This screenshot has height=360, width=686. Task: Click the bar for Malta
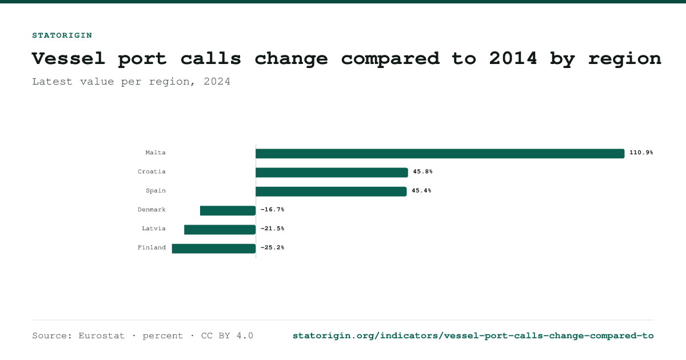tap(440, 154)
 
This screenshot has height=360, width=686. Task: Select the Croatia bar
tap(332, 173)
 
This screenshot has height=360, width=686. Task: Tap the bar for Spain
tap(331, 191)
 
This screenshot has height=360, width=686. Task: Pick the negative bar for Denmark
tap(228, 211)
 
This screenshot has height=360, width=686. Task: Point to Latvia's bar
tap(220, 230)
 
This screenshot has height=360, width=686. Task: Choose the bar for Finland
tap(214, 249)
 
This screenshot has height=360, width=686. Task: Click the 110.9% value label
tap(641, 153)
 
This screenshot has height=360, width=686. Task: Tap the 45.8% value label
tap(422, 171)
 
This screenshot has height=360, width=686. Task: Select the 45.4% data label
tap(421, 190)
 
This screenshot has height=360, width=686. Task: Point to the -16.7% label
tap(272, 209)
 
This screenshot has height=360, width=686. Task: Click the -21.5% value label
tap(272, 229)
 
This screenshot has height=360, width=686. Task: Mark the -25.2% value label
tap(272, 247)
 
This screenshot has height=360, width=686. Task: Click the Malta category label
tap(155, 153)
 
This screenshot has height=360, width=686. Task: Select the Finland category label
tap(151, 247)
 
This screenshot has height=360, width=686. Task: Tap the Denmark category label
tap(151, 209)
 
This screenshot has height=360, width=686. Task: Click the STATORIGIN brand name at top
tap(62, 35)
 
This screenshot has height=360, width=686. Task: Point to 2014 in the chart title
tap(513, 58)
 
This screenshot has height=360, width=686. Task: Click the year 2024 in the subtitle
tap(217, 81)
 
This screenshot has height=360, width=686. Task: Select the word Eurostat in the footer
tap(101, 336)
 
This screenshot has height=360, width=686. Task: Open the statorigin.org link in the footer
tap(473, 336)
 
